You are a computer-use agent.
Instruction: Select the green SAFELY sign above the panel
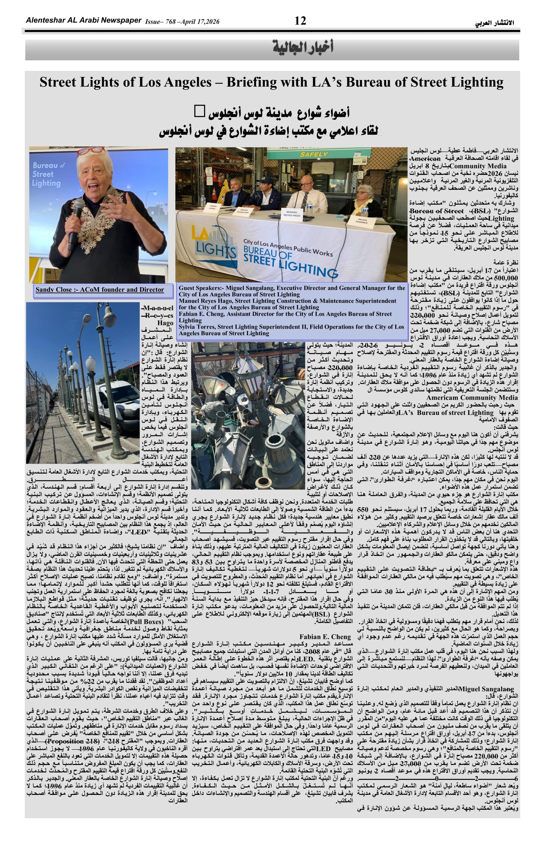point(314,154)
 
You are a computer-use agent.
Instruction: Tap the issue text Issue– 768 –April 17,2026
point(182,22)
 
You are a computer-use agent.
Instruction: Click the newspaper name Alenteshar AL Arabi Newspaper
point(84,20)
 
